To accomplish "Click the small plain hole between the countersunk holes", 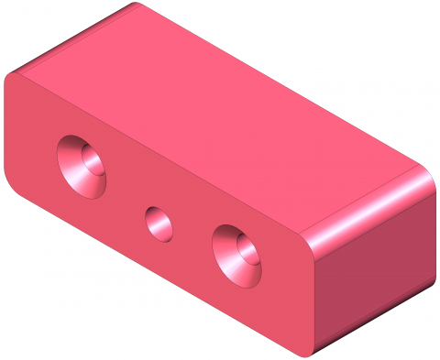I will click(159, 224).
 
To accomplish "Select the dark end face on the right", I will click(376, 275).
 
